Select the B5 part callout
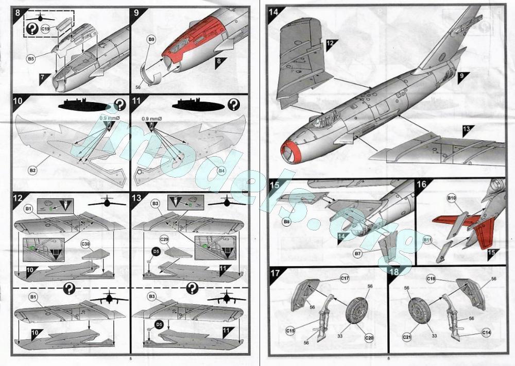(x=31, y=59)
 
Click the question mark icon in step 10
(x=120, y=105)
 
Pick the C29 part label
(x=165, y=240)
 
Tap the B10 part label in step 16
(x=451, y=198)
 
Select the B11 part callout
(x=427, y=240)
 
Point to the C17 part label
(x=344, y=279)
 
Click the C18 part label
(x=432, y=279)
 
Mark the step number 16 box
(x=421, y=185)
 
